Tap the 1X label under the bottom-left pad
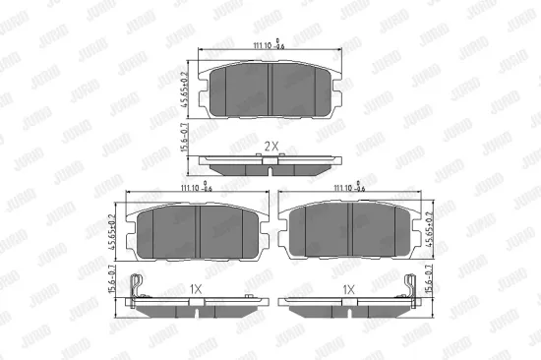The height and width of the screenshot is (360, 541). coord(196,288)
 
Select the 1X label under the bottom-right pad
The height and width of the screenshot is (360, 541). coord(347,288)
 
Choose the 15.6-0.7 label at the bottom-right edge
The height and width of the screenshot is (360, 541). coord(430,285)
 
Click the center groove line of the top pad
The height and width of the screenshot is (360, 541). coord(270,86)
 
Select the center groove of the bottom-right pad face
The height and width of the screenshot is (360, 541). coord(351,231)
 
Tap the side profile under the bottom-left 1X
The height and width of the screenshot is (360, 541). coord(197,306)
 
